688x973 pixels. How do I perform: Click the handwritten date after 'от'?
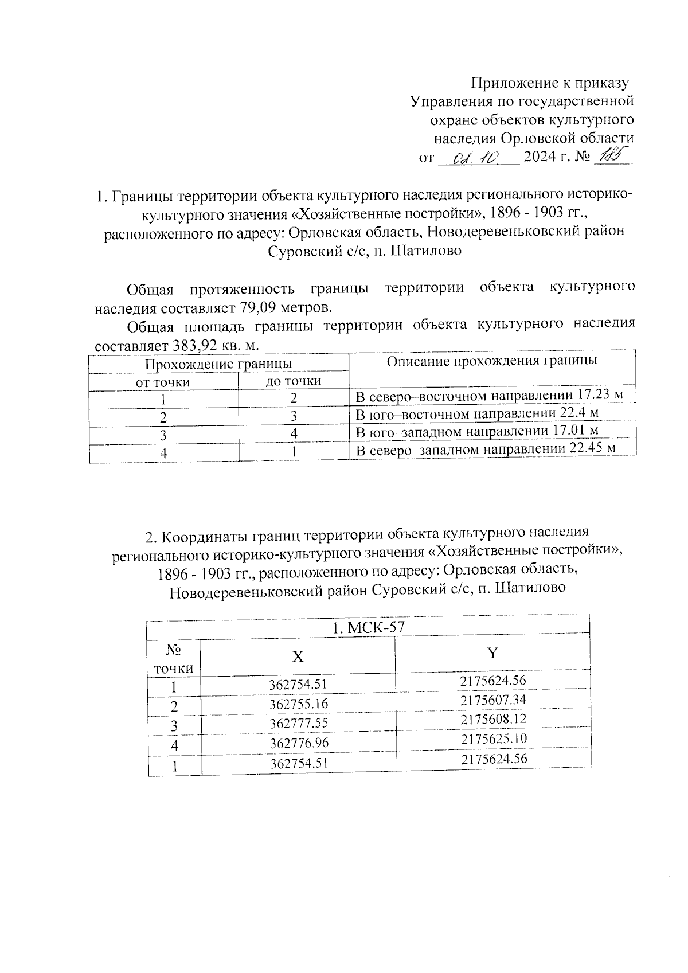point(477,157)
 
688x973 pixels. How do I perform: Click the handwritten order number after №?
point(612,155)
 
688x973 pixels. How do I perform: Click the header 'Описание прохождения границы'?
point(492,361)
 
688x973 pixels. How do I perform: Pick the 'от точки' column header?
point(162,382)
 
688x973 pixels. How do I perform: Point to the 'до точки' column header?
point(293,381)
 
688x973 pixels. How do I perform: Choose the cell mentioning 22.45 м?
point(486,449)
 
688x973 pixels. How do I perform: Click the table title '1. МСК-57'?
point(369,628)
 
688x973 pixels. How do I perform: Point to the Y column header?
point(492,653)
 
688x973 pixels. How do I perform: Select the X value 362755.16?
point(299,704)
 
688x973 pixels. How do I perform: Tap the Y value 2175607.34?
point(493,700)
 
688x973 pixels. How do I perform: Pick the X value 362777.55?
point(299,723)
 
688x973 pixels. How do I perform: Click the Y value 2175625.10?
point(493,738)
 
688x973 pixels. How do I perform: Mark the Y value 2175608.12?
point(493,719)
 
